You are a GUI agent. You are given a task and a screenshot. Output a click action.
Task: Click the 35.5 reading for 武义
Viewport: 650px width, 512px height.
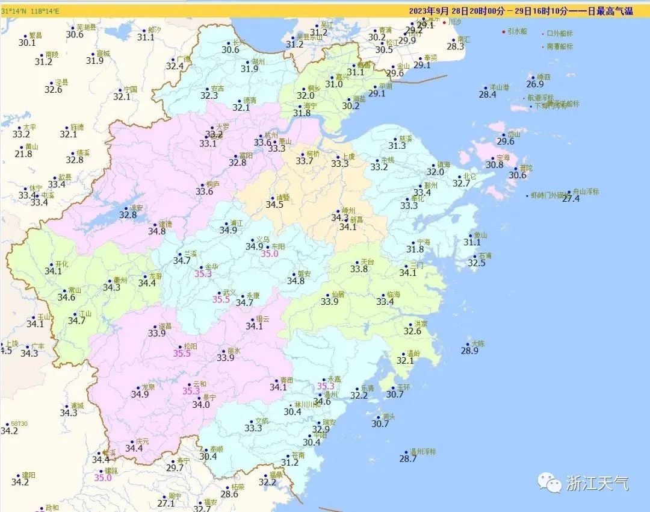point(221,299)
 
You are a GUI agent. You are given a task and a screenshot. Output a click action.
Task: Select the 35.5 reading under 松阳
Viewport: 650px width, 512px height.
point(182,354)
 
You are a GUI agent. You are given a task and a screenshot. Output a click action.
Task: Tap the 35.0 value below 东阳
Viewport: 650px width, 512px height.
point(270,254)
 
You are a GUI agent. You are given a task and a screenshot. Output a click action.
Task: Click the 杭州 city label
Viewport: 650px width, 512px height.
point(271,135)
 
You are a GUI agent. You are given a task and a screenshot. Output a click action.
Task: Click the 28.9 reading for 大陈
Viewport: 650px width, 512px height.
point(469,351)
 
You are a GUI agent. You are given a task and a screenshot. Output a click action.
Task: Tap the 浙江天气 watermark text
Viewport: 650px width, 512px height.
point(597,482)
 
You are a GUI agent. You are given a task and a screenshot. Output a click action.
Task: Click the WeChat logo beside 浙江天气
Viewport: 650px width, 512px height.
point(550,482)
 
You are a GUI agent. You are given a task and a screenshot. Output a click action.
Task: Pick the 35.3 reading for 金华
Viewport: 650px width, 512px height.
point(203,274)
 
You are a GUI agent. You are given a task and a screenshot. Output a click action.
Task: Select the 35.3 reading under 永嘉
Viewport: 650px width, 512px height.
point(325,386)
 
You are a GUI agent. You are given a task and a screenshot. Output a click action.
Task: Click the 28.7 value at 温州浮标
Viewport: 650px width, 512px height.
point(407,459)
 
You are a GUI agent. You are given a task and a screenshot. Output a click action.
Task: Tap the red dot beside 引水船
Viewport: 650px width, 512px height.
point(503,31)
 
